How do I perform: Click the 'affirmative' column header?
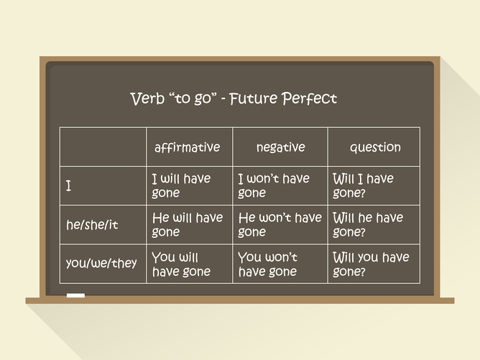[187, 147]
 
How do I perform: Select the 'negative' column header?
[280, 147]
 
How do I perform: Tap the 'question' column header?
[375, 147]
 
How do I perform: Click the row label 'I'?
[69, 186]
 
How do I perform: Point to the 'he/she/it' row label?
[92, 225]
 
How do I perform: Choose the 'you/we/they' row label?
[101, 263]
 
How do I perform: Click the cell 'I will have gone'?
[181, 185]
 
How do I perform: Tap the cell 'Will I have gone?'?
[363, 185]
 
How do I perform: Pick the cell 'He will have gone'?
[188, 224]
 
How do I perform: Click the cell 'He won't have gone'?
[280, 224]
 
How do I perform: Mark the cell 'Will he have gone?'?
[368, 224]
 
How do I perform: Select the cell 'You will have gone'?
[181, 264]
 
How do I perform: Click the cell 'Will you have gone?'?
[370, 264]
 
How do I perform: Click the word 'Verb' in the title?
[147, 98]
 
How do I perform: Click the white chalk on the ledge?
[75, 295]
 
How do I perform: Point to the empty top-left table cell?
[103, 147]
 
